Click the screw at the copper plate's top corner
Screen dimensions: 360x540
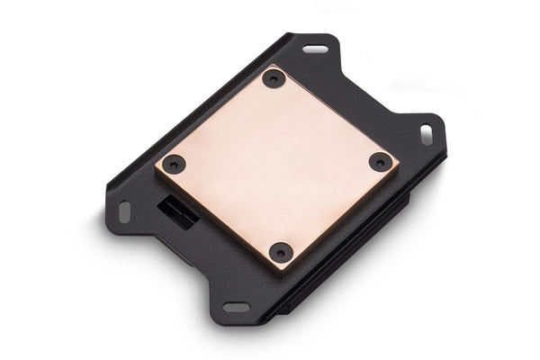click(x=274, y=78)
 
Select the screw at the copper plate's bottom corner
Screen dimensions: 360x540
click(x=282, y=253)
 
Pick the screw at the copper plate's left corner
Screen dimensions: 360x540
click(x=175, y=166)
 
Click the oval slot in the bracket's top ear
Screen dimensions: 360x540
click(x=315, y=49)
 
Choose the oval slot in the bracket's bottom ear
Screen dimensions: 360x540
click(x=237, y=307)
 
